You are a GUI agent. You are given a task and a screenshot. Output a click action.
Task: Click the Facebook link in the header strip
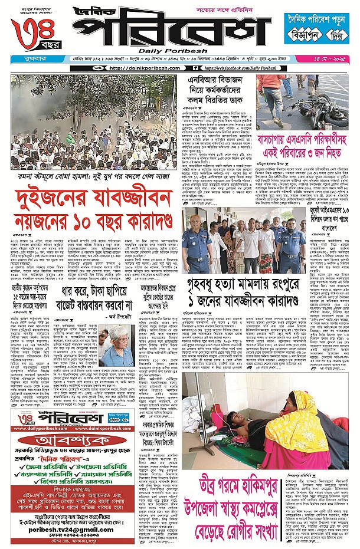[247, 68]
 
